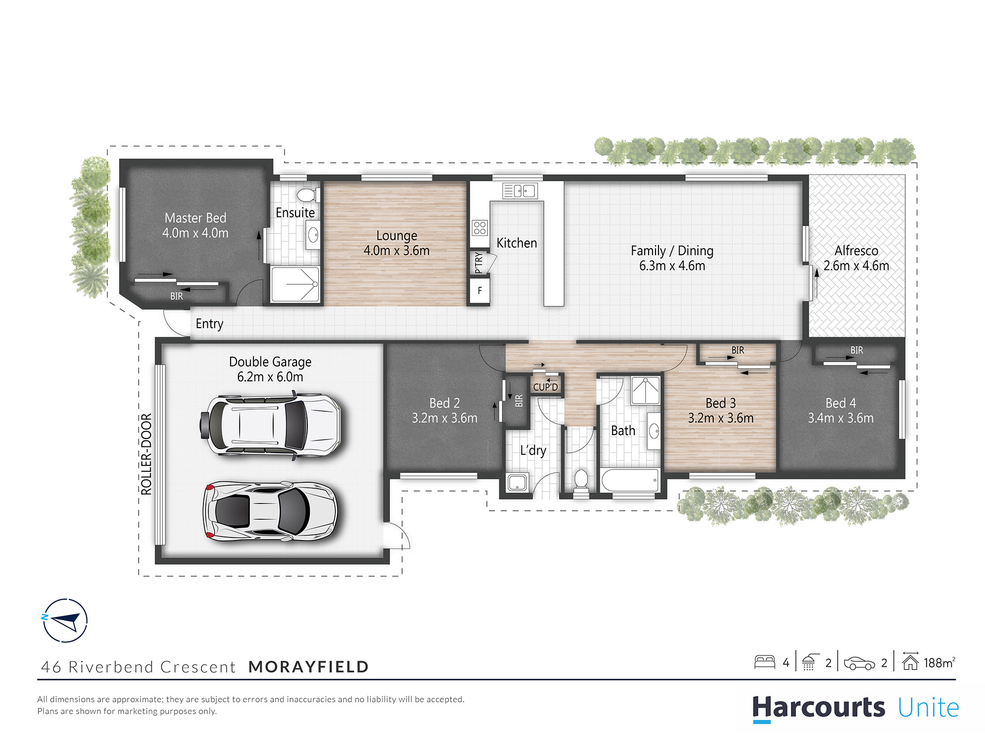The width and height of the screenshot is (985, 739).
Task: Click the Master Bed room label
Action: pos(196,218)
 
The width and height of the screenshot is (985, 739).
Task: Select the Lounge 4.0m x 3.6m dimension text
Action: pos(396,251)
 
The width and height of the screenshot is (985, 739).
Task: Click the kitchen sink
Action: pos(520,191)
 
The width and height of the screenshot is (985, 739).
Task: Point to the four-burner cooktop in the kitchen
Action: pos(480,228)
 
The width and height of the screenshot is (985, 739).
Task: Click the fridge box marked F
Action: pos(479,291)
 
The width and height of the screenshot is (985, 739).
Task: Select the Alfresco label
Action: pos(856,250)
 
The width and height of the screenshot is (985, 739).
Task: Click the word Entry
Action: pos(209,324)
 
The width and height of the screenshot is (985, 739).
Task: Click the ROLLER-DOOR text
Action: pos(146,454)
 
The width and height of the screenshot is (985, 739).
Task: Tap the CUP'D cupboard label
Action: pos(545,387)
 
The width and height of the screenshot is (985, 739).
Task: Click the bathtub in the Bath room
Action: pos(629,480)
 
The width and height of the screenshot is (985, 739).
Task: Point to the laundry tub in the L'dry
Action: pos(517,482)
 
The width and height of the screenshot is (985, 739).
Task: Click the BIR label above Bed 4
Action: pos(856,350)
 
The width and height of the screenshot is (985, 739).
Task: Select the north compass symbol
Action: pos(65,621)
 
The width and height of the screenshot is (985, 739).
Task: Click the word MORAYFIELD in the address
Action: pos(308,667)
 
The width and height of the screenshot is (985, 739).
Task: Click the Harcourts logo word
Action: pos(818,707)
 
